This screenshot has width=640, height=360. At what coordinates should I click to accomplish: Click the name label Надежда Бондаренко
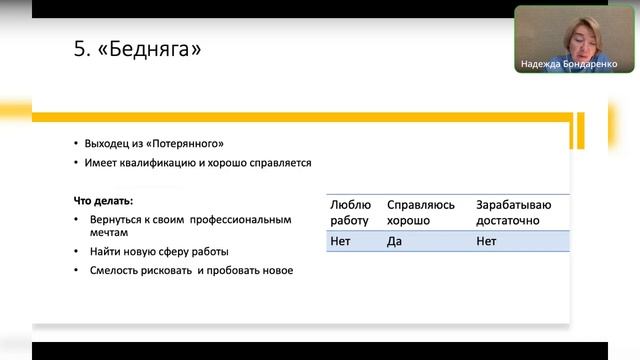[x=569, y=64]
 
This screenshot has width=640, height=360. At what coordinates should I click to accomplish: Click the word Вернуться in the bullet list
[x=116, y=218]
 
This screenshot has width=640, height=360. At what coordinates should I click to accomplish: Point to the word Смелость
[x=118, y=271]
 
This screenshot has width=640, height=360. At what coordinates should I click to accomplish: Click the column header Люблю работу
[x=350, y=212]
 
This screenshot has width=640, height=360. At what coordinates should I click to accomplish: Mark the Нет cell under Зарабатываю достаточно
[x=486, y=241]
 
